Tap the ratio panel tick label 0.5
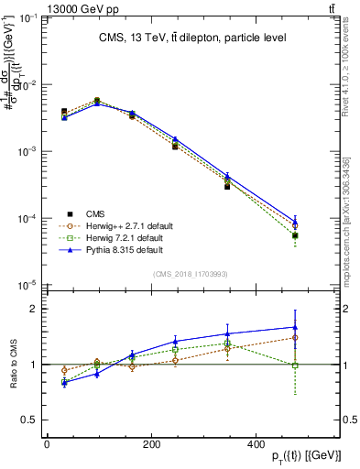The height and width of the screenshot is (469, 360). (x=30, y=420)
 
